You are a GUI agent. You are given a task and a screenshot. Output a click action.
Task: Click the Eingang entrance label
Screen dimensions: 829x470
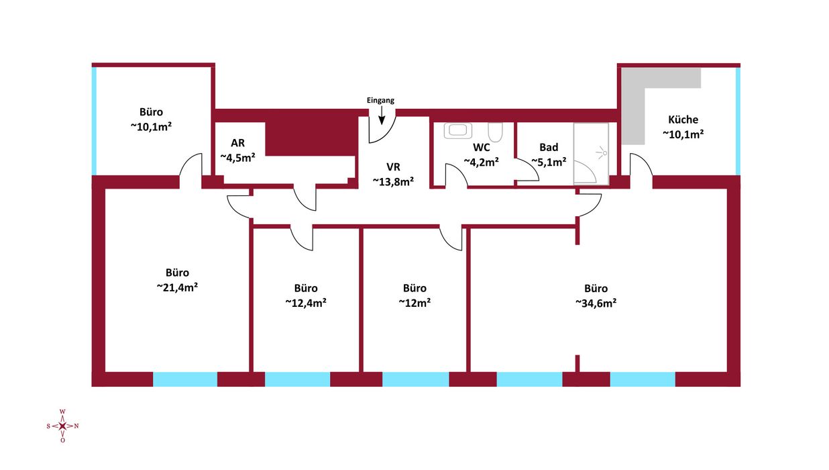point(380,100)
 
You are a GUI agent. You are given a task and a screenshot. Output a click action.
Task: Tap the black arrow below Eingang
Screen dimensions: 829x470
point(382,115)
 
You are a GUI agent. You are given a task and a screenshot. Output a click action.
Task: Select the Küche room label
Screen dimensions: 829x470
point(683,120)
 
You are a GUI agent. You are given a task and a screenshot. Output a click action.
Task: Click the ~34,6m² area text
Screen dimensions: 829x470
point(596,303)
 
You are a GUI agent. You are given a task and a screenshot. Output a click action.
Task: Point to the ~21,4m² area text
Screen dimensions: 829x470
point(177,287)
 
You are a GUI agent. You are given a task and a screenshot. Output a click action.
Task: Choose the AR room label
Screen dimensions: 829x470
point(237,143)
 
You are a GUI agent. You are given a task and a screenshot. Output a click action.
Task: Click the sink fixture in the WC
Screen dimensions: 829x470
point(458,131)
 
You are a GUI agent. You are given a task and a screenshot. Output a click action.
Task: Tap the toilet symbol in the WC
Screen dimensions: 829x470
point(495,132)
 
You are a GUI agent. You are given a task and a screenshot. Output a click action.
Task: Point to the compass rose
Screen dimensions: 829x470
point(62,426)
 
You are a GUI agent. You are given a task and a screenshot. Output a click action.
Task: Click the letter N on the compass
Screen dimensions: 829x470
point(76,426)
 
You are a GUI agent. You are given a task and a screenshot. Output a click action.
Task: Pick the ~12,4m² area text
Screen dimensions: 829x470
point(306,303)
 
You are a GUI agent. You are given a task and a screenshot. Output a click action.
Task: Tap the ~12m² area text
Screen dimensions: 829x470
point(414,303)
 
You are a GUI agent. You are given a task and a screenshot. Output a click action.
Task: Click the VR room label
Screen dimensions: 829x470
point(393,167)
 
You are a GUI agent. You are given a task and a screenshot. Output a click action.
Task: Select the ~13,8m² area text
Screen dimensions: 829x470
point(393,182)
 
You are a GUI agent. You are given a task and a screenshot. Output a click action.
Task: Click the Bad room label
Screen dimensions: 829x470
point(549,148)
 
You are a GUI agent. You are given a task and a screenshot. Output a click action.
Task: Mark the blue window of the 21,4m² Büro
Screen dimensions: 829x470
point(185,379)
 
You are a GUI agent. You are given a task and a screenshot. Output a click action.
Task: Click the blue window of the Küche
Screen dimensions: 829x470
point(738,122)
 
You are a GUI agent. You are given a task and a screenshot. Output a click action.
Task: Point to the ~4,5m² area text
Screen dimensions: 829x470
point(237,158)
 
